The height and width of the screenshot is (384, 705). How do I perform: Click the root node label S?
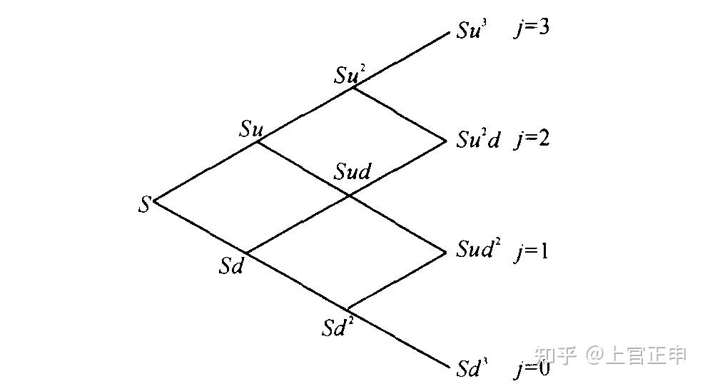click(145, 205)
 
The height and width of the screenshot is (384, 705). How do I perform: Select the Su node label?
click(251, 129)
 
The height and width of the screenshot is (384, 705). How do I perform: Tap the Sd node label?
click(232, 267)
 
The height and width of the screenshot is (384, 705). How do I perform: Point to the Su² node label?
click(350, 75)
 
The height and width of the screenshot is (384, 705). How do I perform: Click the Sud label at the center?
click(352, 172)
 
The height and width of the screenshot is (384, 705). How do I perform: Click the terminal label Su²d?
click(478, 140)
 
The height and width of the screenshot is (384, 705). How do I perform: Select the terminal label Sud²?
click(478, 251)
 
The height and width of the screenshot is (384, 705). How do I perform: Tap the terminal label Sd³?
click(472, 368)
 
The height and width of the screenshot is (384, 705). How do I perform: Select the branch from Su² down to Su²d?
click(400, 112)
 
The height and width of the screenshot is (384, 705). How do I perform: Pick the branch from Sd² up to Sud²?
click(396, 280)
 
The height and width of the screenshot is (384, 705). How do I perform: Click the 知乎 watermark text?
click(556, 355)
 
